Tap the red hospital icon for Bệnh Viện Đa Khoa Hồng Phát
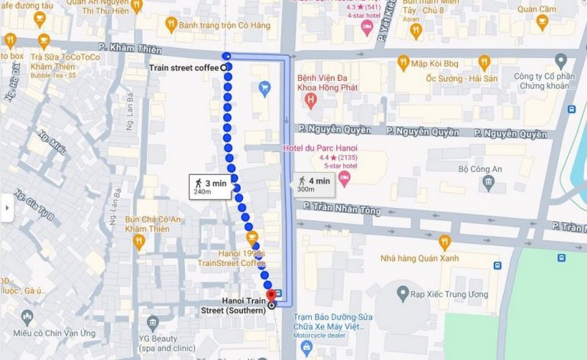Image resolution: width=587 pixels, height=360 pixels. click(x=310, y=100)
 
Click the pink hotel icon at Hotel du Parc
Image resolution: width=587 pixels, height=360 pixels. click(x=344, y=179)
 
